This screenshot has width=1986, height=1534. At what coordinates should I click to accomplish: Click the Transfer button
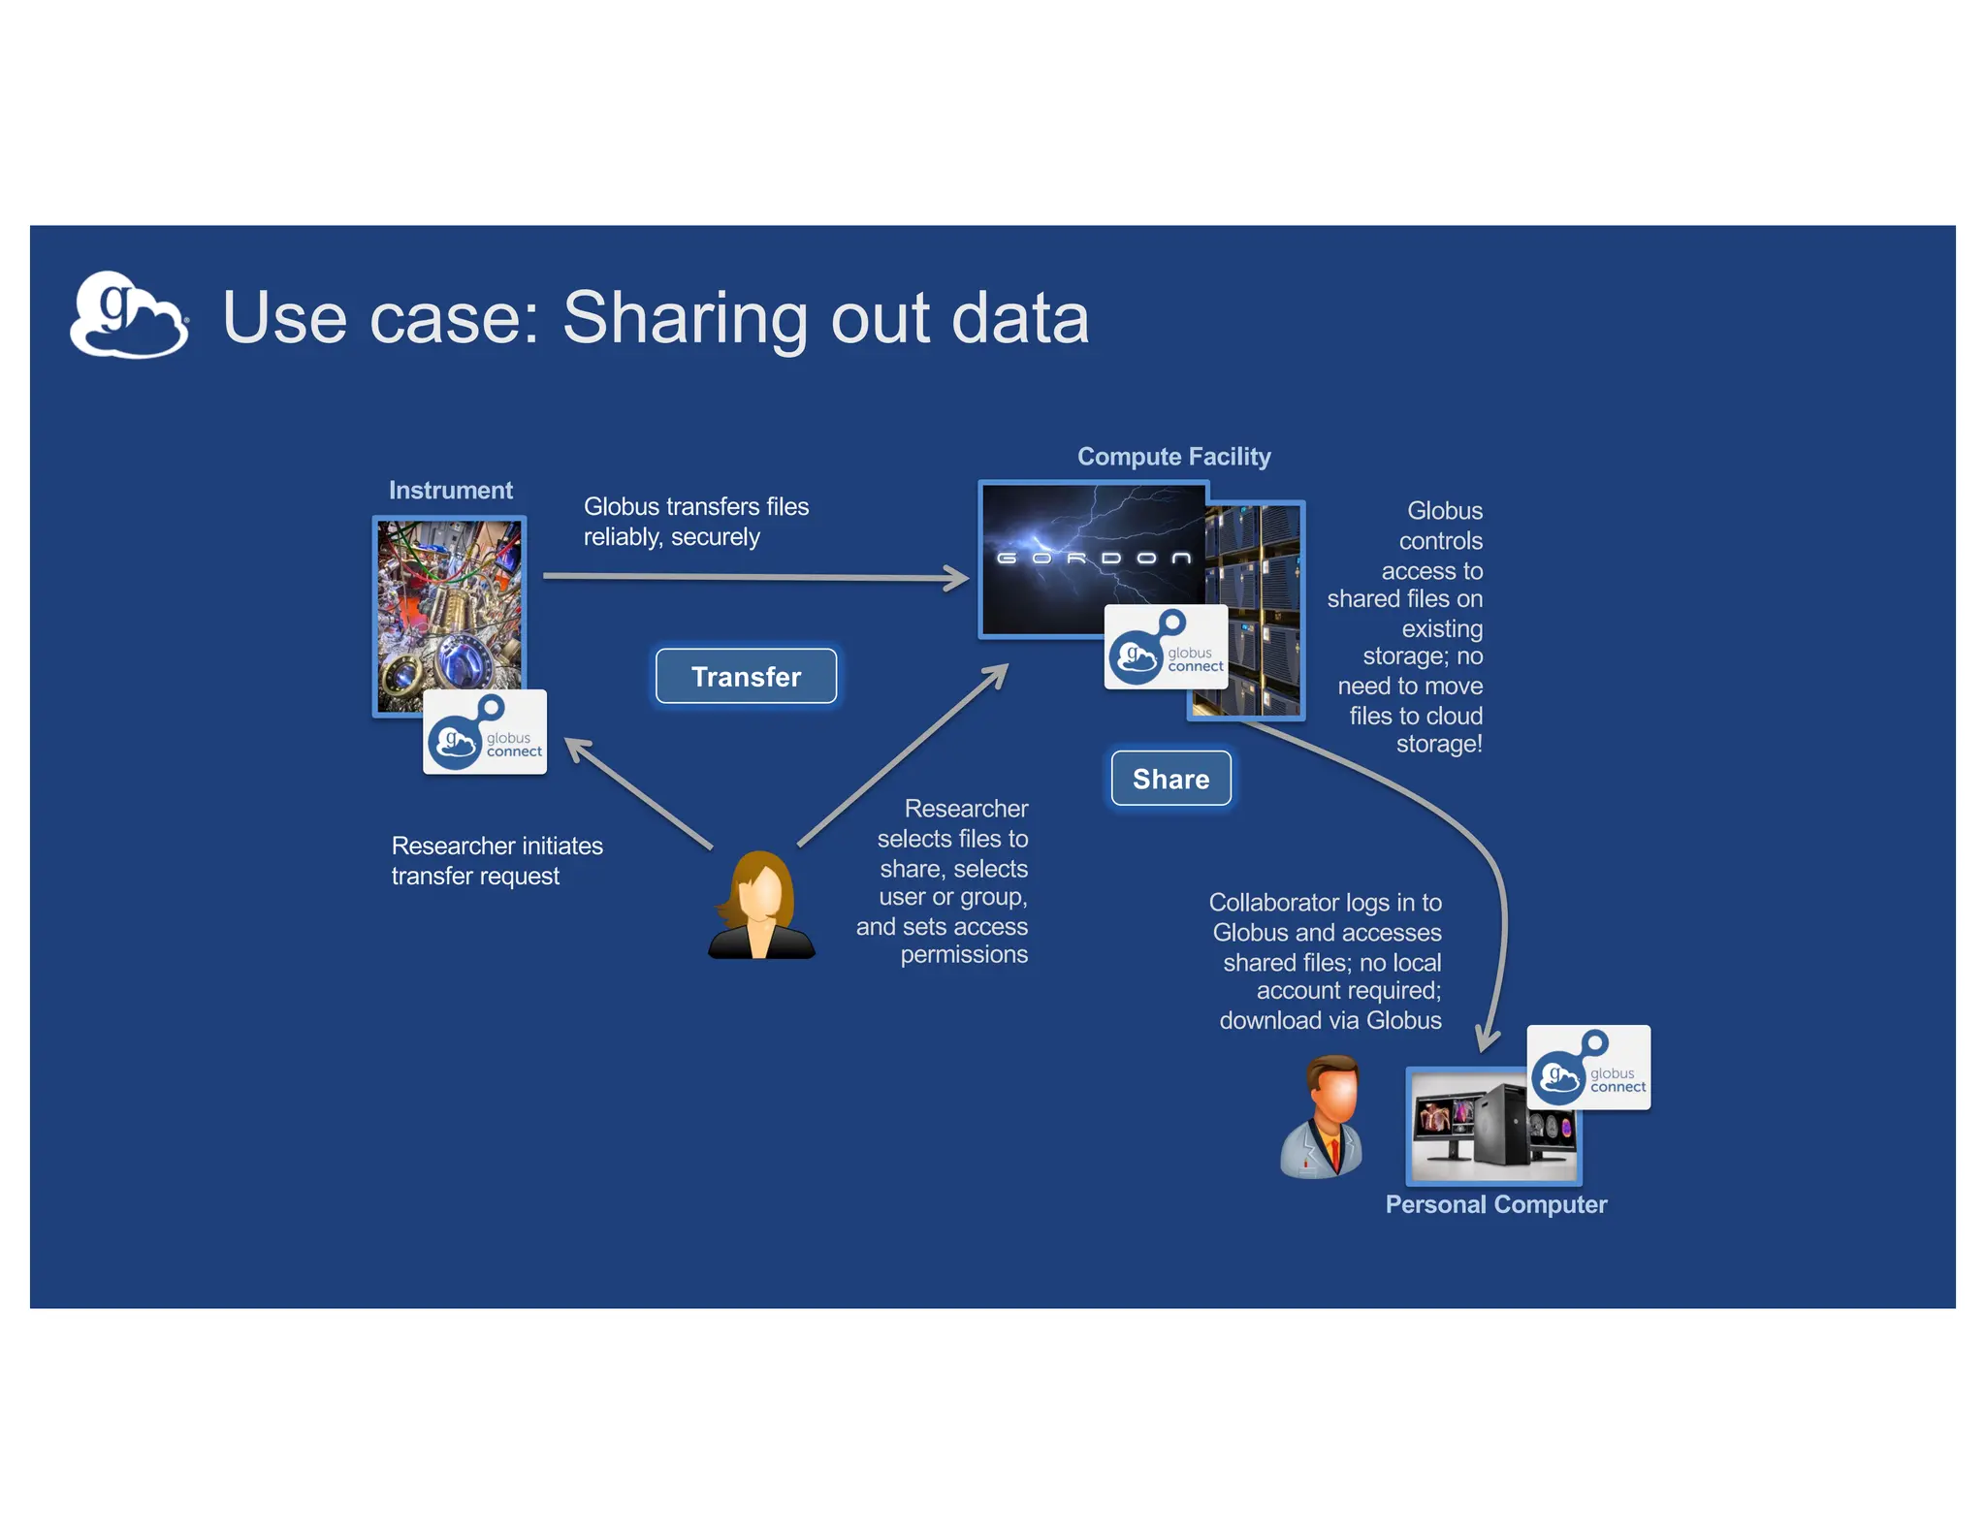tap(746, 676)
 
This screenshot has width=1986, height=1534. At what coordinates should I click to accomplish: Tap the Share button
tap(1170, 779)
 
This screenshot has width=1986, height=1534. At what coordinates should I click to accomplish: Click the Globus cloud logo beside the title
tap(129, 316)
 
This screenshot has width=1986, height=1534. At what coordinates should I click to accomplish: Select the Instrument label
tap(451, 491)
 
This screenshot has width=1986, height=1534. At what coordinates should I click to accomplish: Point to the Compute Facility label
tap(1173, 457)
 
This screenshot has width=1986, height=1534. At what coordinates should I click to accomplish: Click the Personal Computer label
tap(1495, 1204)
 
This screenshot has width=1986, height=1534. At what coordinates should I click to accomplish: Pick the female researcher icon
tap(762, 906)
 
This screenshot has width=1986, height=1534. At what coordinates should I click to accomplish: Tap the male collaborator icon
tap(1323, 1117)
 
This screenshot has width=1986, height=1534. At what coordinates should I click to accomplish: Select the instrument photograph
tap(448, 606)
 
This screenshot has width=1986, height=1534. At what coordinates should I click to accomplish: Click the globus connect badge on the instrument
tap(485, 733)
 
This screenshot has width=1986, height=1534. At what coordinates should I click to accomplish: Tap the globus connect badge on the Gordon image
tap(1166, 648)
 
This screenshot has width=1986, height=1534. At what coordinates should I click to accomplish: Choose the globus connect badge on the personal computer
tap(1588, 1068)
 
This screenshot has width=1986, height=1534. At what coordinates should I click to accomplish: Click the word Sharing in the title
tap(685, 318)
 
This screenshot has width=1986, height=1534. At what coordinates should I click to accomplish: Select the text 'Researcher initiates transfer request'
tap(496, 861)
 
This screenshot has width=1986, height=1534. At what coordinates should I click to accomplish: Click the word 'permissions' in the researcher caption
tap(964, 955)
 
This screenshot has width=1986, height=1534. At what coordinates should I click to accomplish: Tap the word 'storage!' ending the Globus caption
tap(1439, 745)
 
